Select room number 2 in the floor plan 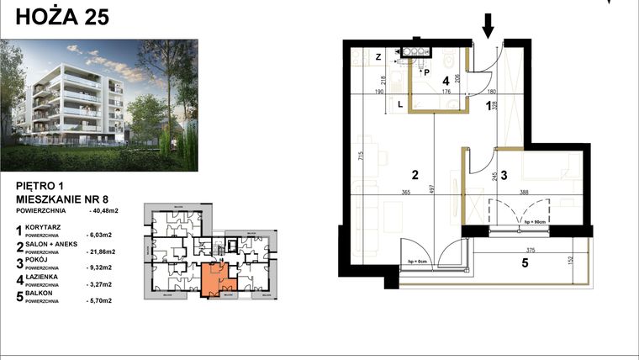coord(415,175)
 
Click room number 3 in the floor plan coord(504,175)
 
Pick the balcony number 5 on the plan coord(524,262)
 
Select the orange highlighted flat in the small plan coord(216,278)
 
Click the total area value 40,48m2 coord(103,212)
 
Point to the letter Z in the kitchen coord(378,56)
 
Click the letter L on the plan coord(400,104)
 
